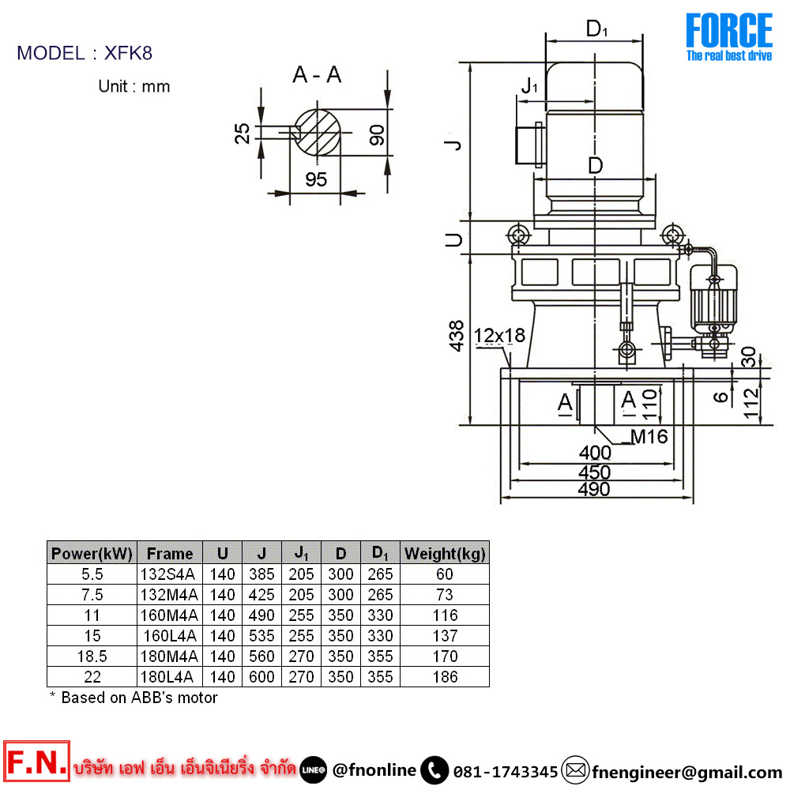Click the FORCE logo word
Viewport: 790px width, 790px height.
click(x=728, y=31)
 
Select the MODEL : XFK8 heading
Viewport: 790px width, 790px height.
click(x=85, y=53)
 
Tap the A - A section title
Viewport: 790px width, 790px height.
click(x=317, y=75)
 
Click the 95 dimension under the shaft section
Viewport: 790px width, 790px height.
click(x=316, y=179)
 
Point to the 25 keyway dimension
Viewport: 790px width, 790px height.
click(x=243, y=134)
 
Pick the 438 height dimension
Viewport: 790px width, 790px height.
click(x=457, y=336)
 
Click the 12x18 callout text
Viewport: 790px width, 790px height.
click(x=500, y=335)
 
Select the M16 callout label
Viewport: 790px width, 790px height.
click(x=649, y=436)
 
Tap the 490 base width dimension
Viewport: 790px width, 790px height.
click(x=594, y=489)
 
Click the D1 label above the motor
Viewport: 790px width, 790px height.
click(x=596, y=28)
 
